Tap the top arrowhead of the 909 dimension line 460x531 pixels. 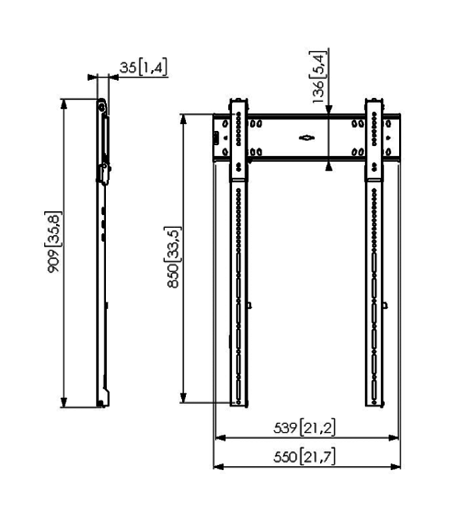(64, 104)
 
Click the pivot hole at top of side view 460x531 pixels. (103, 107)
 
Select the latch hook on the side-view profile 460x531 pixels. (103, 170)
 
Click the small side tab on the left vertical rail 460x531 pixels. (250, 306)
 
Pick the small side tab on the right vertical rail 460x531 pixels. (385, 306)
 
